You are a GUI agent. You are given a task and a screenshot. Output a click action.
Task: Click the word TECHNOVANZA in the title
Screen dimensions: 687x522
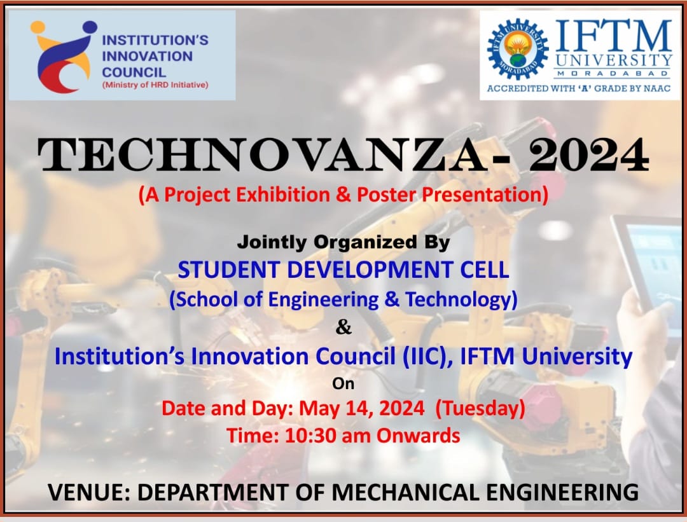coord(262,155)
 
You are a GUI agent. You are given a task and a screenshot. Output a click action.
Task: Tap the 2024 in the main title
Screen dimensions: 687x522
coord(588,155)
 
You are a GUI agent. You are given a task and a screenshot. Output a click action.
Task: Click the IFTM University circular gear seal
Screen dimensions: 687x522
coord(517,49)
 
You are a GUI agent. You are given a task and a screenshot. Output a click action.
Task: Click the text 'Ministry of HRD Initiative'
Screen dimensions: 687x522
coord(155,85)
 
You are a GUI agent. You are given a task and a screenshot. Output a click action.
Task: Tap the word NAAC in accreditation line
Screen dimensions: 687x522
coord(656,88)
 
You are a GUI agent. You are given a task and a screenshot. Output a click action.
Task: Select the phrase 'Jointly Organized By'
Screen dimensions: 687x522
coord(343,242)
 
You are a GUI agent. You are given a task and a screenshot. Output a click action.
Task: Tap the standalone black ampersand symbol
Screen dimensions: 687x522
coord(343,327)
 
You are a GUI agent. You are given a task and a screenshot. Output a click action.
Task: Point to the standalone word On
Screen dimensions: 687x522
coord(343,383)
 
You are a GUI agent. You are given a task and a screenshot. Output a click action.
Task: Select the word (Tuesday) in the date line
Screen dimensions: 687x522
coord(480,408)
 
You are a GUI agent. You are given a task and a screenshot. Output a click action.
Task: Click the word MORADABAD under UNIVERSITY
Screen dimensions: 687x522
coord(613,74)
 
